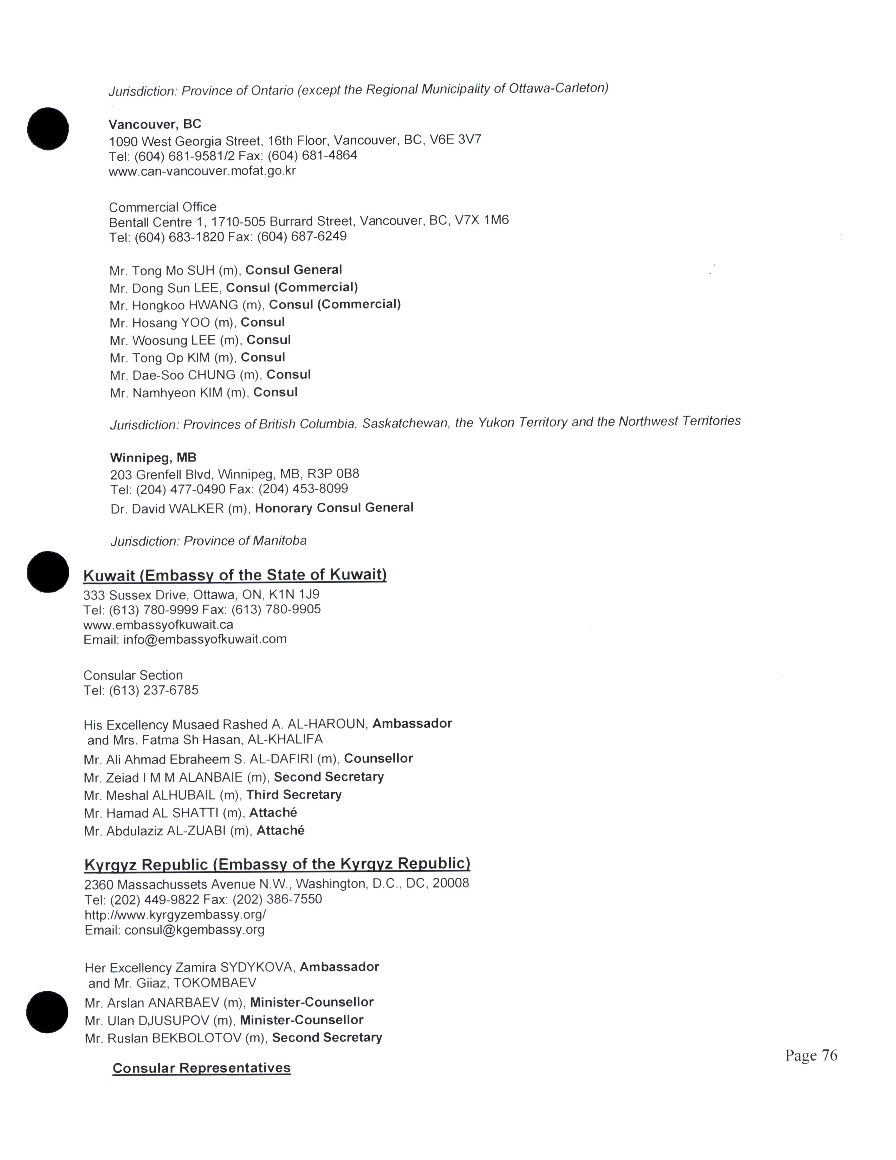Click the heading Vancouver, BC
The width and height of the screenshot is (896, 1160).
[x=155, y=124]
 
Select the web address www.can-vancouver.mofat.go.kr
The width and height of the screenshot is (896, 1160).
[x=202, y=171]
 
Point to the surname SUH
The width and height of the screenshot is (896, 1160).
[x=201, y=270]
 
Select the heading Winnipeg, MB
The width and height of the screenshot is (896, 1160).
[x=153, y=457]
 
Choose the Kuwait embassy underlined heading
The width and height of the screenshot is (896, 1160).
[x=235, y=575]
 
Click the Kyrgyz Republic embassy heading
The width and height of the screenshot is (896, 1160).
[x=277, y=864]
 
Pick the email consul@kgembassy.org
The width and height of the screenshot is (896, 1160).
[x=194, y=929]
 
